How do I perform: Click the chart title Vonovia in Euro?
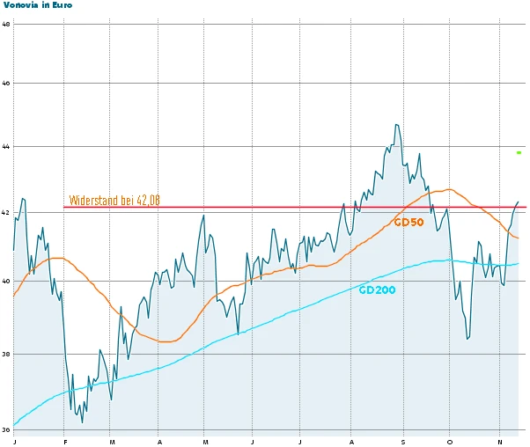[38, 5]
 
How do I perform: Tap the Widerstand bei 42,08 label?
[114, 201]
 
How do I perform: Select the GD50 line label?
[409, 223]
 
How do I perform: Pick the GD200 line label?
[377, 289]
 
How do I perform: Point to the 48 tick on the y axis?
[6, 24]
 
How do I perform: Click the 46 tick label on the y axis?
[6, 84]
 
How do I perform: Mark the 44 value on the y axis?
[6, 146]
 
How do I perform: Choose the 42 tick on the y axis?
[6, 212]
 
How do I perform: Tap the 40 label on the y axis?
[6, 282]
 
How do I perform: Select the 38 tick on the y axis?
[6, 355]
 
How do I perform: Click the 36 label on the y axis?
[6, 429]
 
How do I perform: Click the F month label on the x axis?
[64, 441]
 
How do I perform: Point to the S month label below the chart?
[402, 441]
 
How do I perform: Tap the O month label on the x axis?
[450, 441]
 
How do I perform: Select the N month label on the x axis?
[499, 441]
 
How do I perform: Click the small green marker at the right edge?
[519, 152]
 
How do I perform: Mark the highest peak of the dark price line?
[397, 125]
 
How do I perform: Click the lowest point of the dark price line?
[83, 422]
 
